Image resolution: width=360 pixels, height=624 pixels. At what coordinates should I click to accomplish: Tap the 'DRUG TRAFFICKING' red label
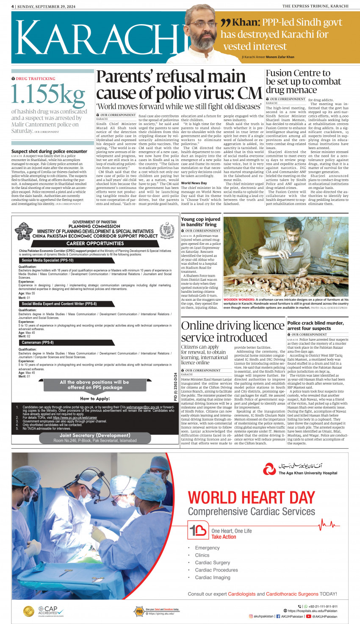pyautogui.click(x=36, y=79)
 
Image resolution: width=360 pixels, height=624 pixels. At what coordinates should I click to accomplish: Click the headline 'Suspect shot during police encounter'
pyautogui.click(x=49, y=151)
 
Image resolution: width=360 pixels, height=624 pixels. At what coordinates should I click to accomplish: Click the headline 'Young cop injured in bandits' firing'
pyautogui.click(x=200, y=222)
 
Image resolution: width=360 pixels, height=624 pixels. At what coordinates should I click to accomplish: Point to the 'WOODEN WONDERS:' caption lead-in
pyautogui.click(x=239, y=300)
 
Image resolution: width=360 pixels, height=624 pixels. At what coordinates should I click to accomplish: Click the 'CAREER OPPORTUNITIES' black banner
pyautogui.click(x=95, y=244)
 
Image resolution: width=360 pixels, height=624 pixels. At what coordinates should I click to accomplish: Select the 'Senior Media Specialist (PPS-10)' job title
pyautogui.click(x=48, y=261)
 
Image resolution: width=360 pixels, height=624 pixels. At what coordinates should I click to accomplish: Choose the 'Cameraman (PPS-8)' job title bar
pyautogui.click(x=38, y=343)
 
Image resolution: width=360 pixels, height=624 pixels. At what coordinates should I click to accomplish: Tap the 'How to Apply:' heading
pyautogui.click(x=95, y=399)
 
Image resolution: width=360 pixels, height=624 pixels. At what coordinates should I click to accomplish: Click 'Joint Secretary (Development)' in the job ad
pyautogui.click(x=95, y=435)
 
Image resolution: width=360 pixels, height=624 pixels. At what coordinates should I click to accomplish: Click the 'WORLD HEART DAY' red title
pyautogui.click(x=252, y=497)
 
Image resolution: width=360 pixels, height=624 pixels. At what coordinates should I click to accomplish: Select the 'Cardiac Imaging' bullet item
pyautogui.click(x=213, y=577)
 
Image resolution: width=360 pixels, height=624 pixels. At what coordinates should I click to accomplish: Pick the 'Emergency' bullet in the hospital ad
pyautogui.click(x=207, y=548)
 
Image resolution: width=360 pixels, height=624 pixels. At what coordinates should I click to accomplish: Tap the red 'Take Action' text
pyautogui.click(x=224, y=537)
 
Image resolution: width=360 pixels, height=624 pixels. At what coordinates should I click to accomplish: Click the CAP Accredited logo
pyautogui.click(x=44, y=611)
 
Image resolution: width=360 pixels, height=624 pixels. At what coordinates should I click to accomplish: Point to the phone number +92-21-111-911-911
pyautogui.click(x=322, y=606)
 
